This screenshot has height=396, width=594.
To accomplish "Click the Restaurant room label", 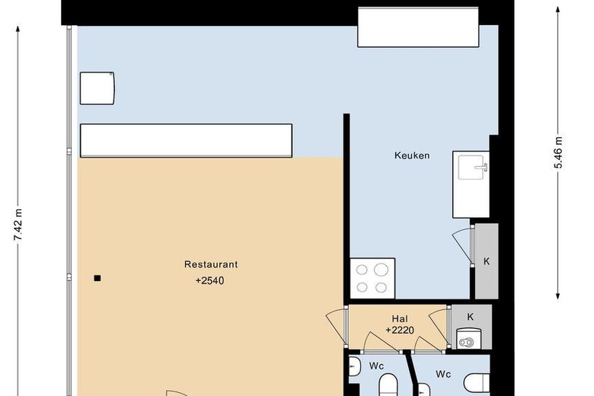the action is pyautogui.click(x=211, y=264).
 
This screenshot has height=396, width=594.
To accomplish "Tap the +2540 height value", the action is pyautogui.click(x=210, y=280).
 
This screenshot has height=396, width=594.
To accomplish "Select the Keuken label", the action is pyautogui.click(x=412, y=155).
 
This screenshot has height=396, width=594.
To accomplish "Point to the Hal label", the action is pyautogui.click(x=400, y=318).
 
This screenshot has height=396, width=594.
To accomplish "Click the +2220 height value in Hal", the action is pyautogui.click(x=400, y=331).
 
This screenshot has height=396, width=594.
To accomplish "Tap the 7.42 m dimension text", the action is pyautogui.click(x=18, y=224).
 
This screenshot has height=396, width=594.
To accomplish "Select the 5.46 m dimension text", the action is pyautogui.click(x=558, y=152).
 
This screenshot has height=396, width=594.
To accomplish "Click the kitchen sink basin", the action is pyautogui.click(x=471, y=167).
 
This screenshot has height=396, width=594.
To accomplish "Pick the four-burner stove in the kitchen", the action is pyautogui.click(x=372, y=279).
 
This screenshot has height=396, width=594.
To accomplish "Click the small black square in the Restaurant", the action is pyautogui.click(x=97, y=278).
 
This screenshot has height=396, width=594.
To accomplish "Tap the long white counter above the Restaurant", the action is pyautogui.click(x=186, y=140).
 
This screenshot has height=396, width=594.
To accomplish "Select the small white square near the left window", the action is pyautogui.click(x=97, y=88).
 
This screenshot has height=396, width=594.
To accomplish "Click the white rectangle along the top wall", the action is pyautogui.click(x=418, y=27).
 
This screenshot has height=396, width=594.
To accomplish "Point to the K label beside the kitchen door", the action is pyautogui.click(x=487, y=261).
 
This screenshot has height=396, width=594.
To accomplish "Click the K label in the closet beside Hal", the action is pyautogui.click(x=471, y=317).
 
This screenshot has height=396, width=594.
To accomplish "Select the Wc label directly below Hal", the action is pyautogui.click(x=376, y=366).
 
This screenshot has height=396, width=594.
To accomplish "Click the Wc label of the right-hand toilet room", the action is pyautogui.click(x=443, y=374).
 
